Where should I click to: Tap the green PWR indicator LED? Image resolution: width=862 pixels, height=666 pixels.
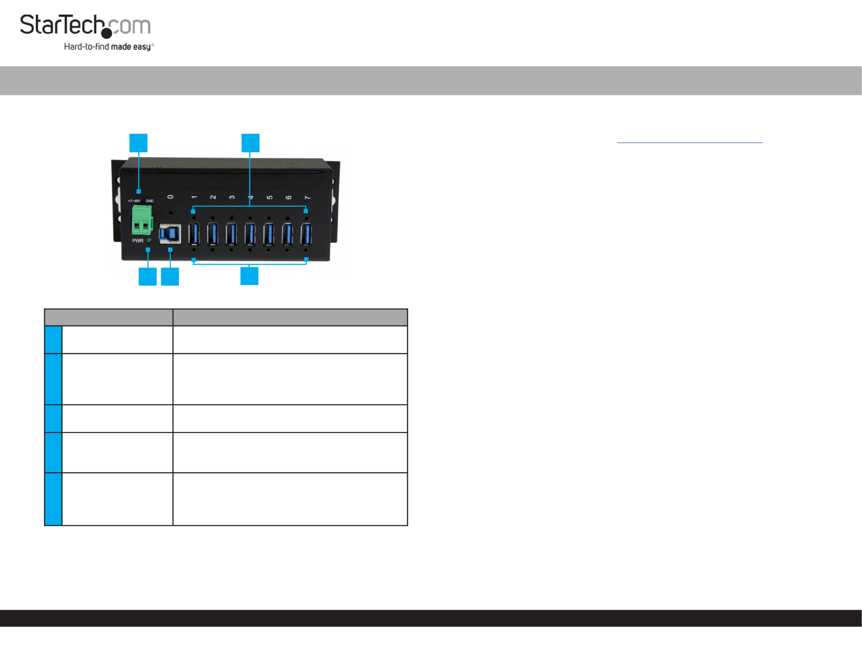coord(149,241)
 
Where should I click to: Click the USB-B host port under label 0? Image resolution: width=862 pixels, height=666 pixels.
coord(170,233)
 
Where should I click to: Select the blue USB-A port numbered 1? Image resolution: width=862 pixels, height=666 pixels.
coord(194,234)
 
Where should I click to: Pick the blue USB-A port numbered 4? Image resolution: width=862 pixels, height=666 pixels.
coord(250,234)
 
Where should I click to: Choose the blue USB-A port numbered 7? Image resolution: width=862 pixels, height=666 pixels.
coord(306,234)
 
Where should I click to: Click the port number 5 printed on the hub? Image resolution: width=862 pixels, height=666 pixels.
coord(270,197)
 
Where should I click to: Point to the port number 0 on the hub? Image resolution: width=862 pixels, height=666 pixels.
coord(170,197)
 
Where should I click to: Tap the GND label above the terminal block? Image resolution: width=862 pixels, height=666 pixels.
coord(150,201)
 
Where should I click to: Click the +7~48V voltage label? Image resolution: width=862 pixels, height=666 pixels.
coord(134,201)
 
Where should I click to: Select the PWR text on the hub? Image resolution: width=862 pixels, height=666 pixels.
coord(138,241)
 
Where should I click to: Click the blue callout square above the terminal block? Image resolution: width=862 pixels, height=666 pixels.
coord(138,143)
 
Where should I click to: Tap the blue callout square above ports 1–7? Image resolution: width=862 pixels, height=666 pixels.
coord(250,143)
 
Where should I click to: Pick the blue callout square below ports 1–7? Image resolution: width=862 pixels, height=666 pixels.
coord(249,276)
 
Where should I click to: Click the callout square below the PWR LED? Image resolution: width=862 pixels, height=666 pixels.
coord(148,277)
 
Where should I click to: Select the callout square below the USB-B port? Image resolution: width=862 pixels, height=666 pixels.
coord(170,277)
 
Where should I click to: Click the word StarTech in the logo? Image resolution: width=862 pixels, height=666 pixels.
coord(62,25)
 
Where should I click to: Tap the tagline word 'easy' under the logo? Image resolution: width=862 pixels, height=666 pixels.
coord(142,47)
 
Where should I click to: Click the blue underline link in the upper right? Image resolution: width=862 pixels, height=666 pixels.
coord(690,143)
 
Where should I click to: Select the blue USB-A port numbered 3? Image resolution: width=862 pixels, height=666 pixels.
coord(231,234)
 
